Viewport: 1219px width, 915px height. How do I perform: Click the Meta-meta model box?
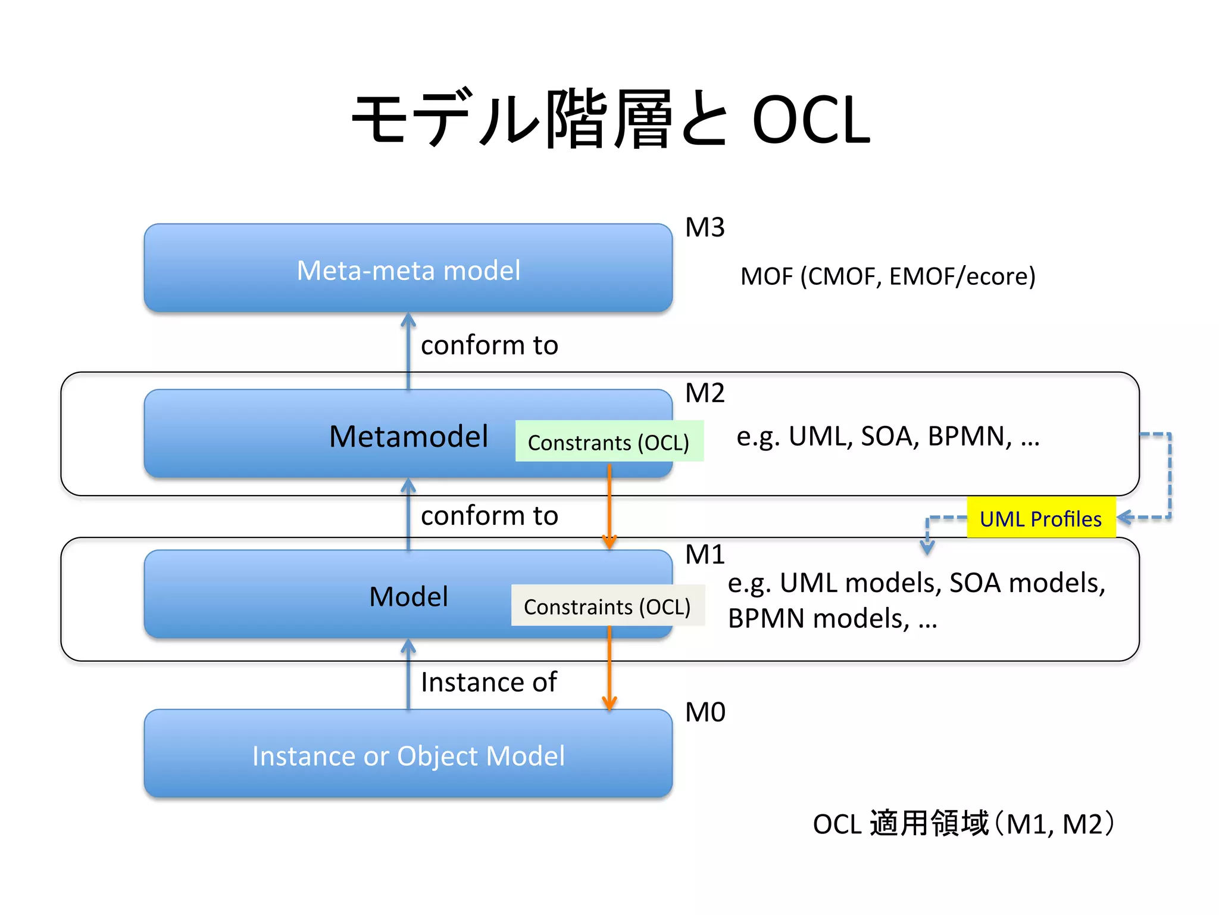pyautogui.click(x=408, y=269)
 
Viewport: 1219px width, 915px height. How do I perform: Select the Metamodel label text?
pyautogui.click(x=408, y=437)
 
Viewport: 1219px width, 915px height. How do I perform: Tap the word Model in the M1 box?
pyautogui.click(x=408, y=597)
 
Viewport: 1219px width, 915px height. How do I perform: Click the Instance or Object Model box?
pyautogui.click(x=408, y=755)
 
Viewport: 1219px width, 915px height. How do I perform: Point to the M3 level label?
pyautogui.click(x=705, y=228)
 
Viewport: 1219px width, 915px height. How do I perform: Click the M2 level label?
pyautogui.click(x=705, y=393)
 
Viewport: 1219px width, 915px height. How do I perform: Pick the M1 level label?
pyautogui.click(x=705, y=555)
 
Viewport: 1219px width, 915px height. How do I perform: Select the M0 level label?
pyautogui.click(x=705, y=712)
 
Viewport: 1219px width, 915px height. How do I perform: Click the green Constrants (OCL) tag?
pyautogui.click(x=608, y=442)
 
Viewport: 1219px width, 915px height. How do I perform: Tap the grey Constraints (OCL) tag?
pyautogui.click(x=607, y=606)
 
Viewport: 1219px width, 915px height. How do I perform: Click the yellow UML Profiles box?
pyautogui.click(x=1040, y=518)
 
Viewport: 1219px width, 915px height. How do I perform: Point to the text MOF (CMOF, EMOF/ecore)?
pyautogui.click(x=887, y=276)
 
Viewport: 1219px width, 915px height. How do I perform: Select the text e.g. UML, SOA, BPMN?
pyautogui.click(x=887, y=437)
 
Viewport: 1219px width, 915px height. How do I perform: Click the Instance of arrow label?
pyautogui.click(x=488, y=682)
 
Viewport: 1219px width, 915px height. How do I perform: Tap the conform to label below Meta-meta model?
pyautogui.click(x=489, y=346)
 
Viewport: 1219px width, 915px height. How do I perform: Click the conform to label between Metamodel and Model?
pyautogui.click(x=489, y=516)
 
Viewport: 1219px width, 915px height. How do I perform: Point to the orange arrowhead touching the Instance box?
pyautogui.click(x=609, y=704)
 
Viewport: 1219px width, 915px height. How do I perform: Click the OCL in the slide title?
pyautogui.click(x=811, y=121)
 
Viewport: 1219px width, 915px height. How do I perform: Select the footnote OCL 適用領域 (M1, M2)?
pyautogui.click(x=964, y=824)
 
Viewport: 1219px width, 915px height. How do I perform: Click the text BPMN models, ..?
pyautogui.click(x=818, y=619)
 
